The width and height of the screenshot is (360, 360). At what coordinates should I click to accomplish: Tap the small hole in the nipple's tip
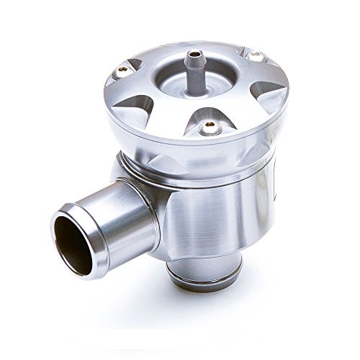click(194, 53)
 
